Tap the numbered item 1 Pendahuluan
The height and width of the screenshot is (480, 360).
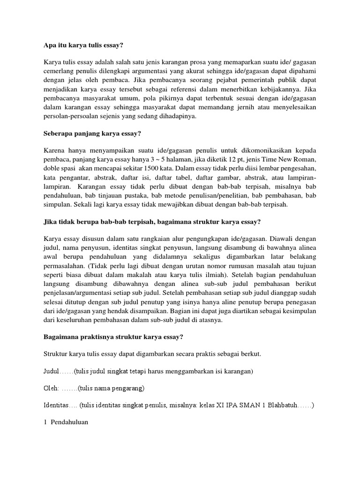pyautogui.click(x=66, y=422)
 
